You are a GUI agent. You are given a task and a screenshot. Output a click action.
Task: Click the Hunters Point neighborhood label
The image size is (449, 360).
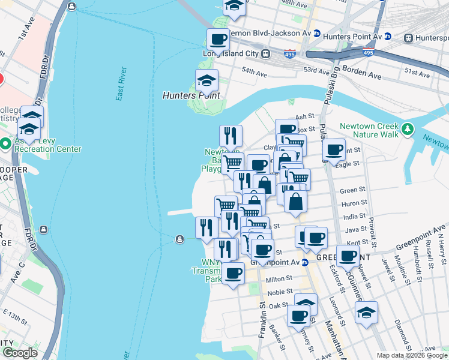pyautogui.click(x=191, y=95)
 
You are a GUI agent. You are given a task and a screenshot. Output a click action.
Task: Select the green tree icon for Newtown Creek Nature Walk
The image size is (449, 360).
pyautogui.click(x=408, y=128)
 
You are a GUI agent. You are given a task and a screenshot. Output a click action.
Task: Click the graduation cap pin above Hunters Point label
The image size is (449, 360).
pyautogui.click(x=206, y=81)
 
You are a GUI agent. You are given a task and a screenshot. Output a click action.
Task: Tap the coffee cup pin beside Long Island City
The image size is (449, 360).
pyautogui.click(x=218, y=40)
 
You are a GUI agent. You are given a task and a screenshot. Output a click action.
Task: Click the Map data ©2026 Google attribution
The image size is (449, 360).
pyautogui.click(x=411, y=355)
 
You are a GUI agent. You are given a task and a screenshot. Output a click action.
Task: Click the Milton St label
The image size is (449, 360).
pyautogui.click(x=279, y=279)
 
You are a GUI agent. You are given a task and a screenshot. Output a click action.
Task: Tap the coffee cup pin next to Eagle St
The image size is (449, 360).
pyautogui.click(x=334, y=151)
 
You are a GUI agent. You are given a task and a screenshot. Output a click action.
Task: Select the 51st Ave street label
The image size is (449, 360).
pyautogui.click(x=417, y=74)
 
